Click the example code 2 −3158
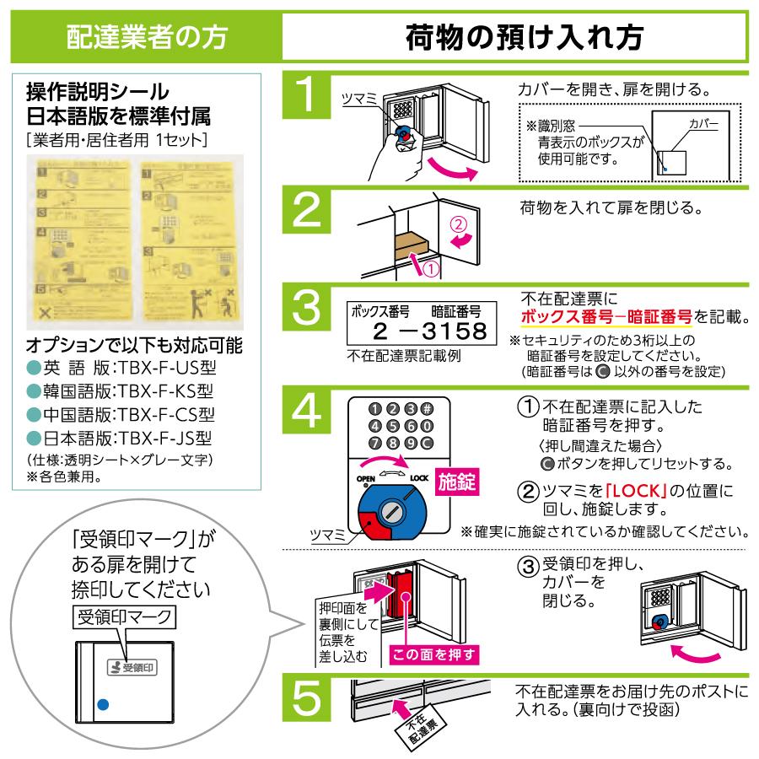pos(417,330)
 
